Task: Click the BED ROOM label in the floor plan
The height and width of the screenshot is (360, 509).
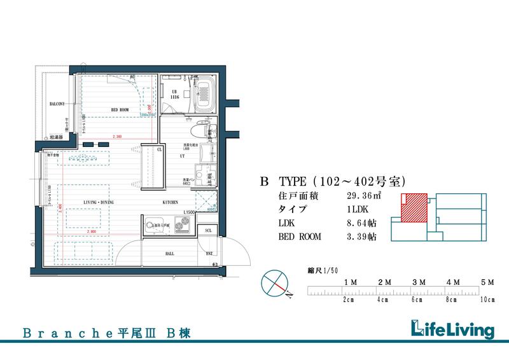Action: coord(121,109)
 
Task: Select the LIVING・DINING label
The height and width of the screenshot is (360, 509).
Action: coord(99,202)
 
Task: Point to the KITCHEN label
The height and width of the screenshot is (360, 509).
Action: coord(170,202)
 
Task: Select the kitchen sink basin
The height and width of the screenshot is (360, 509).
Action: coord(154,225)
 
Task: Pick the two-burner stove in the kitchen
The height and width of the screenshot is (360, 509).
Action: coord(182,225)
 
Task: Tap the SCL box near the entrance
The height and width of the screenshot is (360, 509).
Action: coord(208,230)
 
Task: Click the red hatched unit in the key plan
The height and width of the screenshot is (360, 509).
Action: coord(414,208)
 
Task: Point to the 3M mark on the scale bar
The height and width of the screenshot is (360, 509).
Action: coord(419,281)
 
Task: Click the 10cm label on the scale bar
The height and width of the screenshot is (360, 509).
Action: coord(487,299)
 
